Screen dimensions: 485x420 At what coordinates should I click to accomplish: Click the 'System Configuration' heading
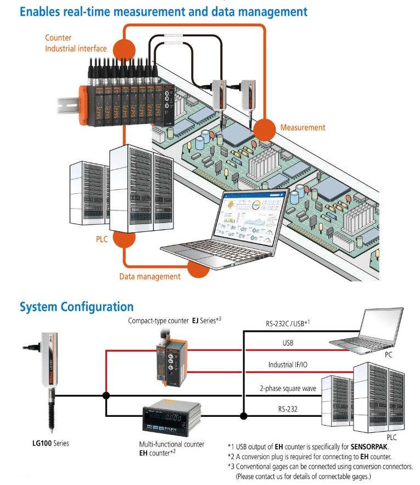[x=76, y=306]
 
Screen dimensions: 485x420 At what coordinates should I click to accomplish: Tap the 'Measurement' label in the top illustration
[x=303, y=127]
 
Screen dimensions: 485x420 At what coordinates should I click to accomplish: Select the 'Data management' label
[x=150, y=276]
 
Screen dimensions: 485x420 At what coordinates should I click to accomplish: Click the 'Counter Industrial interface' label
[x=76, y=43]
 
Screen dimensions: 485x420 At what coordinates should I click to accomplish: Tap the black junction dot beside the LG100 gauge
[x=106, y=395]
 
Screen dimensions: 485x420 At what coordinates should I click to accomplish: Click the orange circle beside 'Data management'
[x=198, y=270]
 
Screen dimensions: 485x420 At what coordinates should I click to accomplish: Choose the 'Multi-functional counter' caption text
[x=172, y=444]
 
